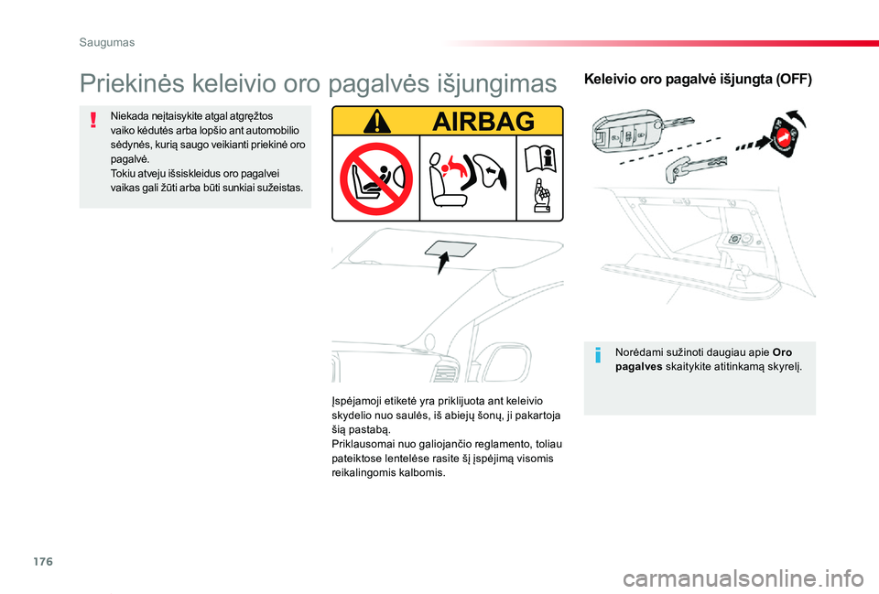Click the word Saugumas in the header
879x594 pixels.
coord(106,42)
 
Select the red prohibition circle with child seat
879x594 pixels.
coord(375,179)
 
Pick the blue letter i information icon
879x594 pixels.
coord(598,356)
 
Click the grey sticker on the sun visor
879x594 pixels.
coord(450,250)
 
